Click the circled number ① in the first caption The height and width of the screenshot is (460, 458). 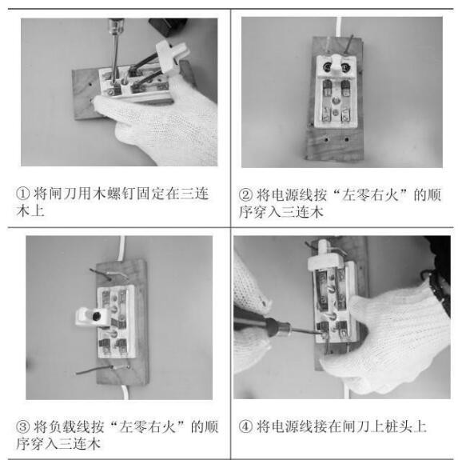[23, 194]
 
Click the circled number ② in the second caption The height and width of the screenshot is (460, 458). [245, 194]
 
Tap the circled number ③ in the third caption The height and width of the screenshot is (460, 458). [23, 427]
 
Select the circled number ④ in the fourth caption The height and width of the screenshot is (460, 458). [245, 426]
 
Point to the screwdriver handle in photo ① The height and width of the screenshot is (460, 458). [117, 26]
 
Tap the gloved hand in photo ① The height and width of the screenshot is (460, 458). [158, 123]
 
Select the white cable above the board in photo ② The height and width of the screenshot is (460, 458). [339, 27]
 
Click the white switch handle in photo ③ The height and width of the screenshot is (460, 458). [91, 317]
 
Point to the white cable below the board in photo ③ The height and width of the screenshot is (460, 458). [125, 392]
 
